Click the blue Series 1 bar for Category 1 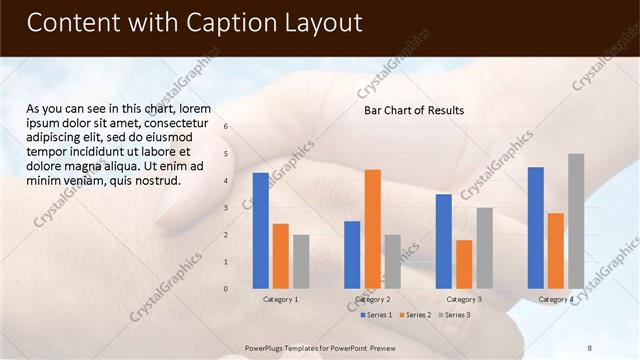261,230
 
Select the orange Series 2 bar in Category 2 372,228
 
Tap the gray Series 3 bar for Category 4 576,220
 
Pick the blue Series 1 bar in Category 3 444,241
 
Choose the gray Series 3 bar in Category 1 301,261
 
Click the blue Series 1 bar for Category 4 536,227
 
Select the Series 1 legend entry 376,315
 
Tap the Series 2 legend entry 415,315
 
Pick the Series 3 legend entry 454,315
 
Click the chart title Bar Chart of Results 413,110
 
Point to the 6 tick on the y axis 227,127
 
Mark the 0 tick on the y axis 227,289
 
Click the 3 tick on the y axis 227,208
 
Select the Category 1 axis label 280,299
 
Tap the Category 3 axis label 464,299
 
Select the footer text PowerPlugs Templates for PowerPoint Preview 320,347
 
